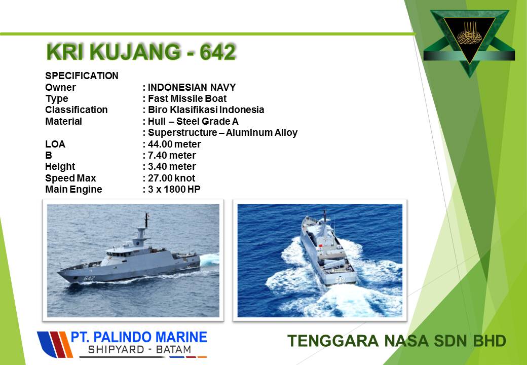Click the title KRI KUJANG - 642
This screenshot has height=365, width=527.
coord(141,52)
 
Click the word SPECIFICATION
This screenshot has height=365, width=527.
coord(82,76)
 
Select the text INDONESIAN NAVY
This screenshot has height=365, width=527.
coord(192,87)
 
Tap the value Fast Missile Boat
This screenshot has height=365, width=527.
coord(187,98)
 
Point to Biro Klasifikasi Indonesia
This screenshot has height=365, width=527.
coord(206,110)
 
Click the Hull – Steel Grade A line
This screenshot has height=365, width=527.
coord(193,121)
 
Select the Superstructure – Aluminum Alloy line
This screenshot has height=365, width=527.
coord(223,133)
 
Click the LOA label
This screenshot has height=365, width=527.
coord(55,144)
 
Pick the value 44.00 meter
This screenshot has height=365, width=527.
coord(174,144)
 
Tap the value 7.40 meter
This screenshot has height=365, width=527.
coord(172,155)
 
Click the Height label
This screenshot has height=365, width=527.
coord(60,167)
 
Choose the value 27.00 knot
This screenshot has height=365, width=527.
coord(171,178)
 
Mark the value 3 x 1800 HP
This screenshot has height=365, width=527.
coord(174,190)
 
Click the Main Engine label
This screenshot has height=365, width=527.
coord(73,190)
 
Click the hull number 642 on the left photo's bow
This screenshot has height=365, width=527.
coord(89,278)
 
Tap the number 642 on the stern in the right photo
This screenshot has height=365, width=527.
coord(340,280)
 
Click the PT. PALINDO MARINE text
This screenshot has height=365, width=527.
coord(139,337)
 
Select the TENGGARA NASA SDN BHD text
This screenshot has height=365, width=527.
coord(397,341)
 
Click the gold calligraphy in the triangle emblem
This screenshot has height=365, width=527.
coord(470,34)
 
